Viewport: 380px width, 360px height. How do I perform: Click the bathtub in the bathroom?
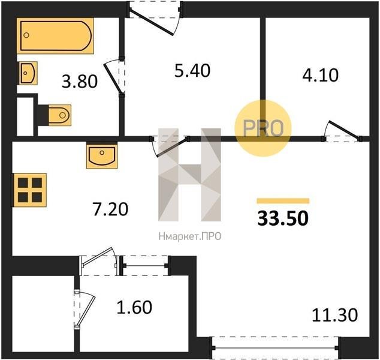pyautogui.click(x=55, y=35)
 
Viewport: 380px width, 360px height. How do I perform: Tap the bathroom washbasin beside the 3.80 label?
pyautogui.click(x=27, y=73)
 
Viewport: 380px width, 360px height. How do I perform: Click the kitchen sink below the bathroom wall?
pyautogui.click(x=102, y=156)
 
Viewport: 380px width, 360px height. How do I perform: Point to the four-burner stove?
pyautogui.click(x=29, y=190)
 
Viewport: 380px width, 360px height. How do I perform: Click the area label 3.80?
pyautogui.click(x=80, y=81)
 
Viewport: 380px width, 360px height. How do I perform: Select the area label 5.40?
pyautogui.click(x=192, y=71)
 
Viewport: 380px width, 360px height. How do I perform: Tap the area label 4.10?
pyautogui.click(x=320, y=75)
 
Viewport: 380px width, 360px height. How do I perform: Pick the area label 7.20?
pyautogui.click(x=110, y=209)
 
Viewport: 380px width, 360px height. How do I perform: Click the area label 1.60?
pyautogui.click(x=134, y=307)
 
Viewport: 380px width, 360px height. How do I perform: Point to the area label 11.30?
pyautogui.click(x=334, y=315)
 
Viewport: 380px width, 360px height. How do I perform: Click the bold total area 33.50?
pyautogui.click(x=283, y=218)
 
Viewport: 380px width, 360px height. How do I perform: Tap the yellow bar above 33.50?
pyautogui.click(x=283, y=201)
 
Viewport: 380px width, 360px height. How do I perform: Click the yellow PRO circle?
pyautogui.click(x=263, y=128)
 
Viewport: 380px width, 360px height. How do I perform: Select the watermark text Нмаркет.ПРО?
pyautogui.click(x=190, y=236)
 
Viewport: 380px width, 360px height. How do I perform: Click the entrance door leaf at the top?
pyautogui.click(x=152, y=22)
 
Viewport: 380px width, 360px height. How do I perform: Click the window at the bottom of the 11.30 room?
pyautogui.click(x=275, y=347)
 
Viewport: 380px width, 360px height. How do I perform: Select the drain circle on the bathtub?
pyautogui.click(x=26, y=35)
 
